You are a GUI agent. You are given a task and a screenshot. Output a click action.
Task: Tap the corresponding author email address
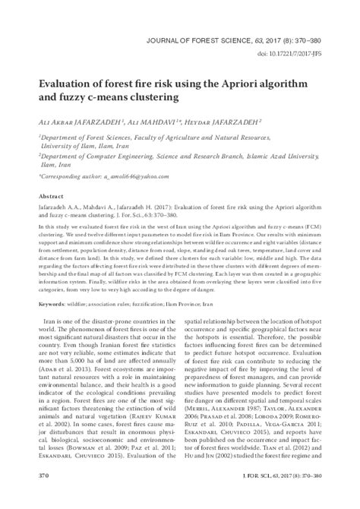(122, 176)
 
